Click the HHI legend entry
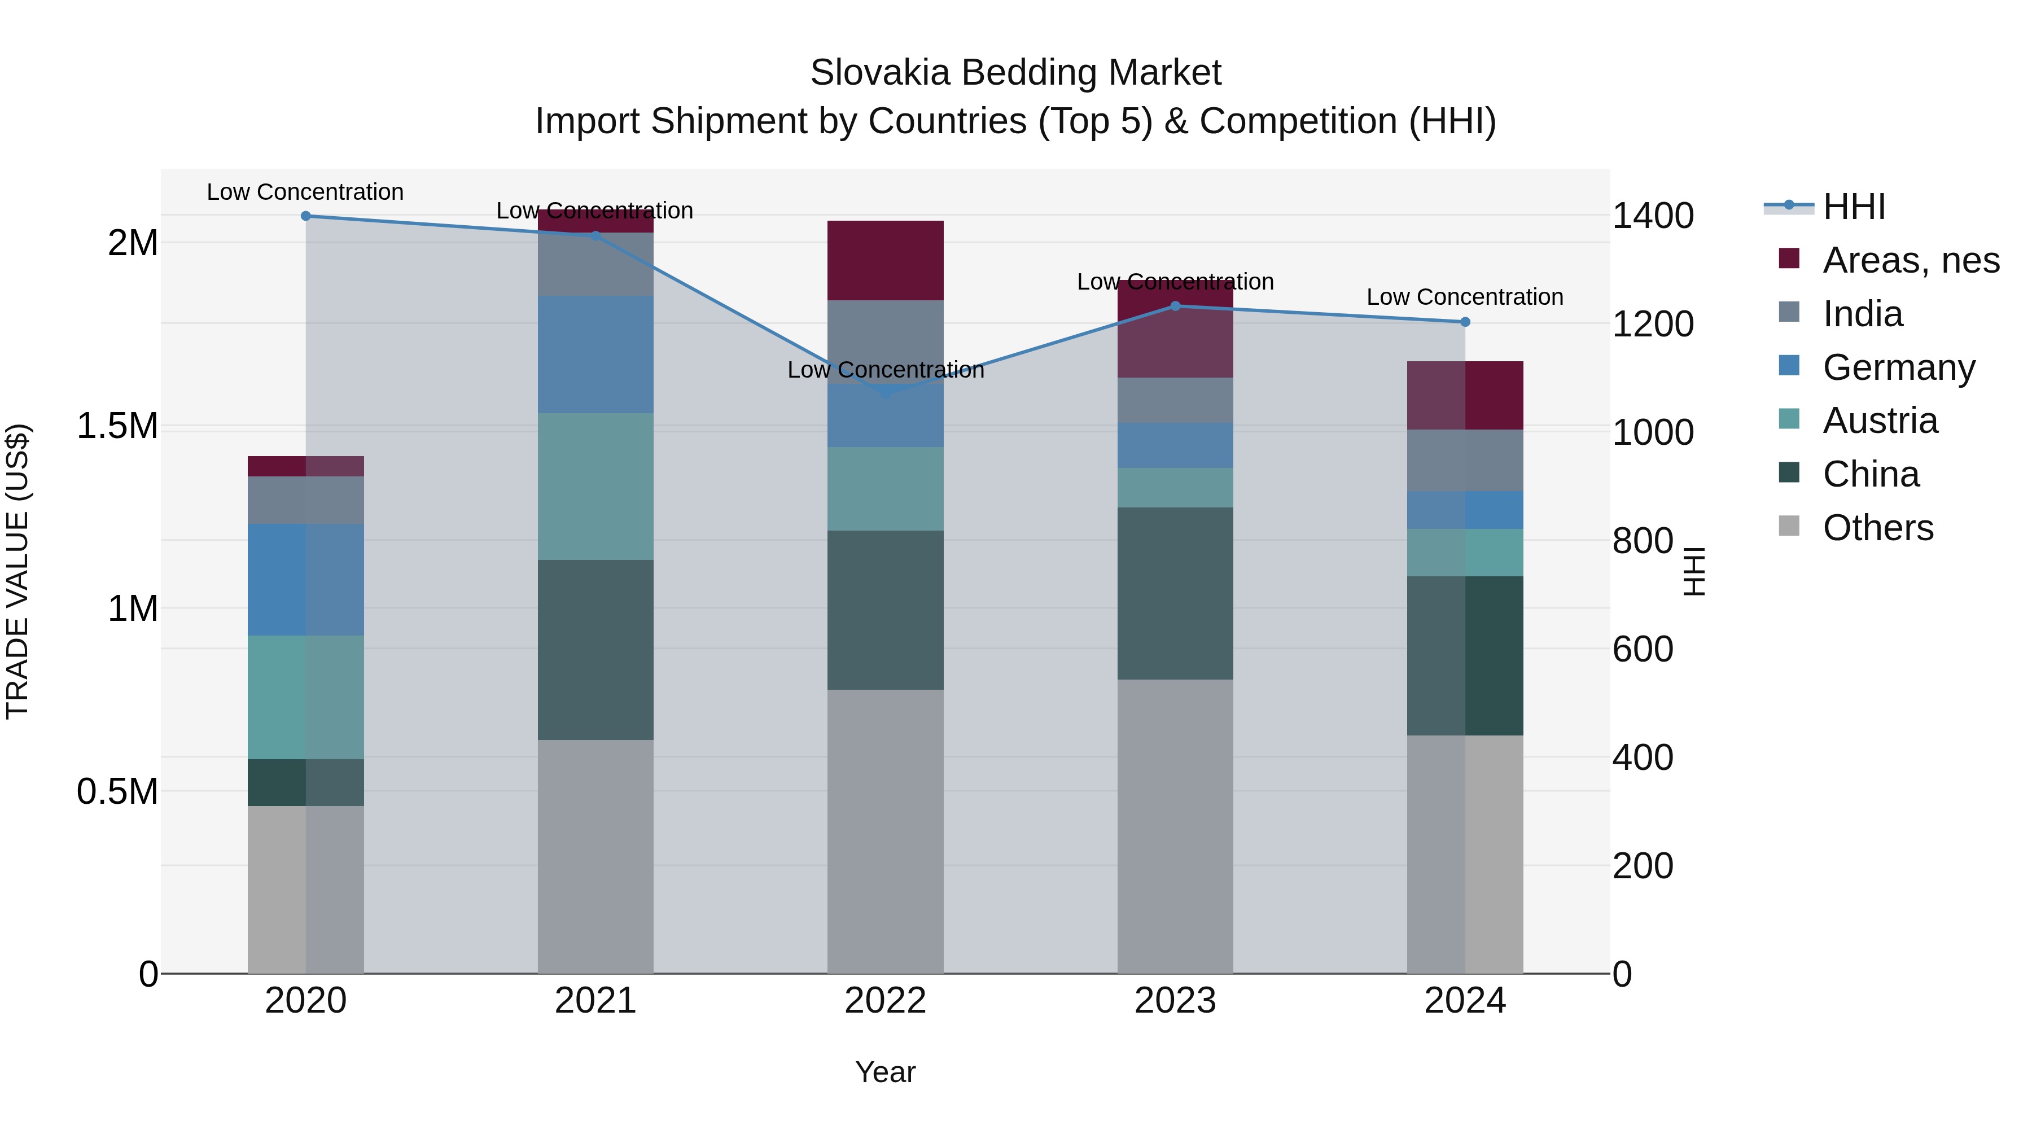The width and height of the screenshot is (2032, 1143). (x=1854, y=207)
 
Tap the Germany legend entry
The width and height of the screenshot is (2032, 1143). (x=1898, y=367)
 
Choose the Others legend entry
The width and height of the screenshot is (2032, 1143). (x=1877, y=528)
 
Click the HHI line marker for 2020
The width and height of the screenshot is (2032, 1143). (x=306, y=216)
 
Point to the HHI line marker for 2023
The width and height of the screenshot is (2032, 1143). (x=1175, y=306)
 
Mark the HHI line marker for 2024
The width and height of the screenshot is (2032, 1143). (x=1465, y=322)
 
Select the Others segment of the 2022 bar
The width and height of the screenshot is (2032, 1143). (x=885, y=831)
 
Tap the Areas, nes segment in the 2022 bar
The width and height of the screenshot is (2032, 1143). (x=885, y=260)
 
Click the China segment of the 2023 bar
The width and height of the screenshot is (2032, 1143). (x=1175, y=593)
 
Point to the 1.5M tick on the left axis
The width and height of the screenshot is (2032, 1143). (x=117, y=427)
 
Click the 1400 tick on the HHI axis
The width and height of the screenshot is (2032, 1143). (x=1653, y=216)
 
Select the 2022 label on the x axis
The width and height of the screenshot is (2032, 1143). (x=885, y=1001)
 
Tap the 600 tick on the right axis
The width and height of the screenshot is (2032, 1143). (x=1643, y=649)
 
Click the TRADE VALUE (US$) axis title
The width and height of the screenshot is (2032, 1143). (x=17, y=571)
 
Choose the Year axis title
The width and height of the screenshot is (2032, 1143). (x=885, y=1072)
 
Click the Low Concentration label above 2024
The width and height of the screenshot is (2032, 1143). (x=1465, y=297)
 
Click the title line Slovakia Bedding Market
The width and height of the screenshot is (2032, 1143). (x=1015, y=73)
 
